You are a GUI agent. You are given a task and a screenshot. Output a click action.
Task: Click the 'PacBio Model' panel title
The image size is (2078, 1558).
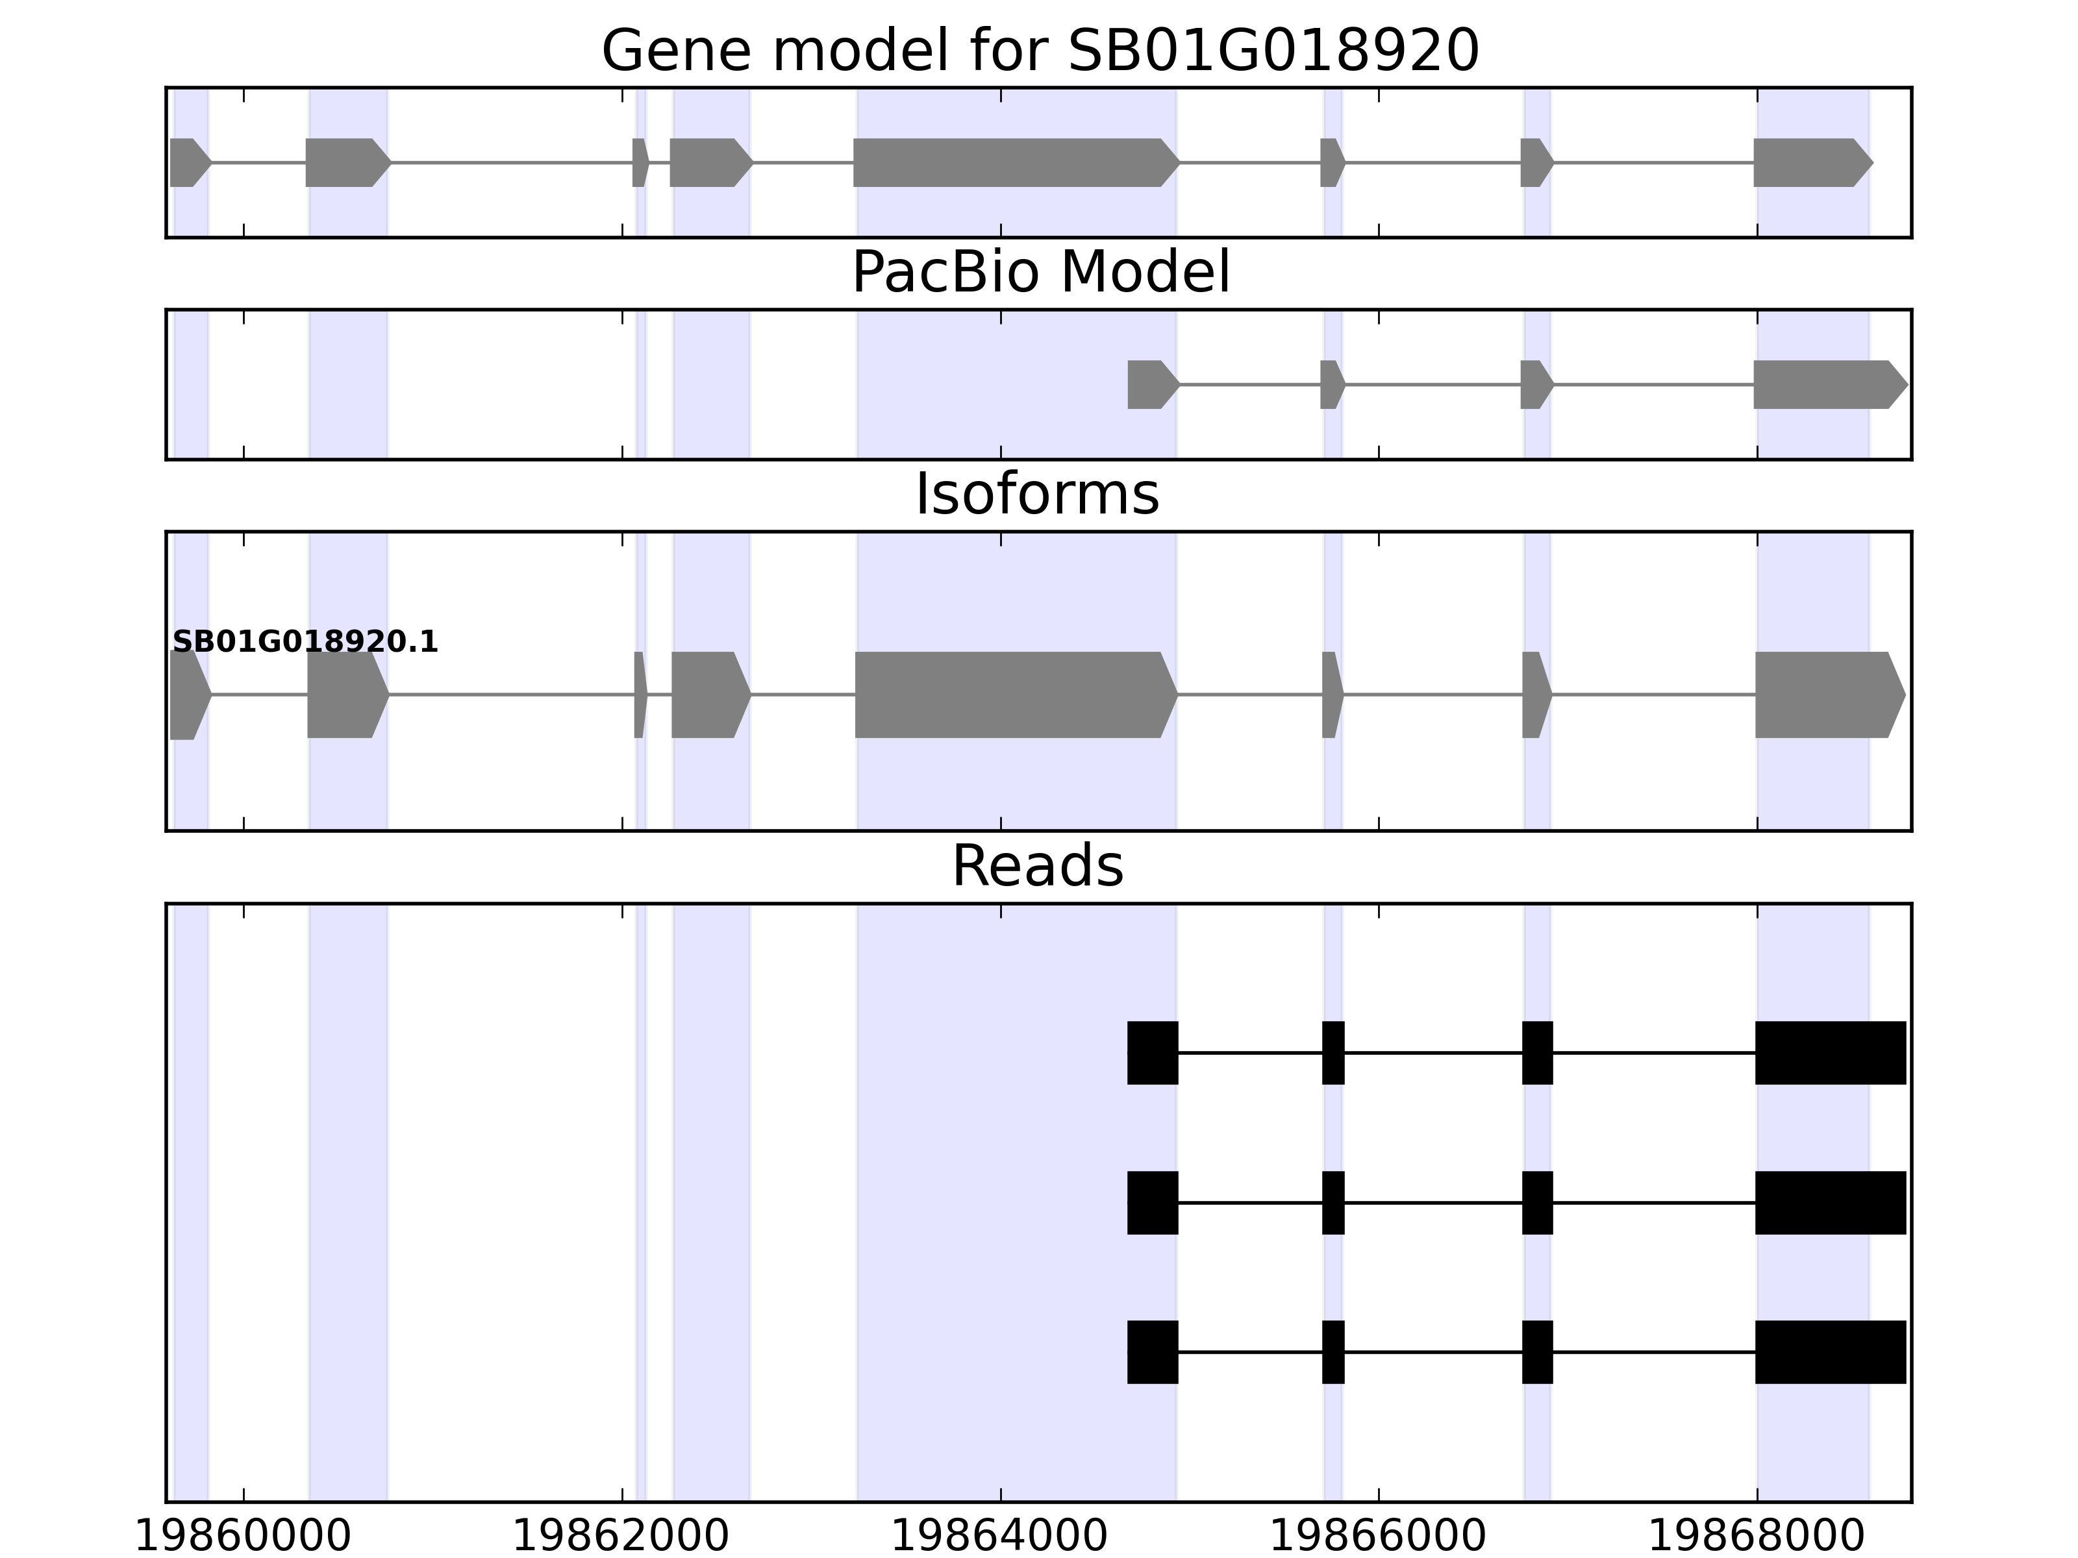click(x=1040, y=273)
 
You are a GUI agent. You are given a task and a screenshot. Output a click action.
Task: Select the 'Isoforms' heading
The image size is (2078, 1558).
click(x=1037, y=495)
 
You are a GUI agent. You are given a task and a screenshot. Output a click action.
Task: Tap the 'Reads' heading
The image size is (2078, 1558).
click(x=1037, y=866)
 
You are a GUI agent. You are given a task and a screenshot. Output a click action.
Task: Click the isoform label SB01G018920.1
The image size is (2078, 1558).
click(x=305, y=643)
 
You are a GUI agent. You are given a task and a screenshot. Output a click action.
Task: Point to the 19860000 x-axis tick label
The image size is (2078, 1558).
click(x=244, y=1537)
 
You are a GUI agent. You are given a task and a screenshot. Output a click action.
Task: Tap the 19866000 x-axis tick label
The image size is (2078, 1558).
click(x=1378, y=1537)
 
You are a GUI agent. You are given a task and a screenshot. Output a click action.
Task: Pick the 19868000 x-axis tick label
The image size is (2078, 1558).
click(x=1757, y=1537)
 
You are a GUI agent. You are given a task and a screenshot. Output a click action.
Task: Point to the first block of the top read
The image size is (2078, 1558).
click(x=1153, y=1053)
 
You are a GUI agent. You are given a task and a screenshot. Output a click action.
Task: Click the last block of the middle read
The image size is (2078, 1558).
click(x=1830, y=1203)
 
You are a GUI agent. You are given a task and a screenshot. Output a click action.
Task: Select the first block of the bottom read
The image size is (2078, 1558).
click(x=1153, y=1352)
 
